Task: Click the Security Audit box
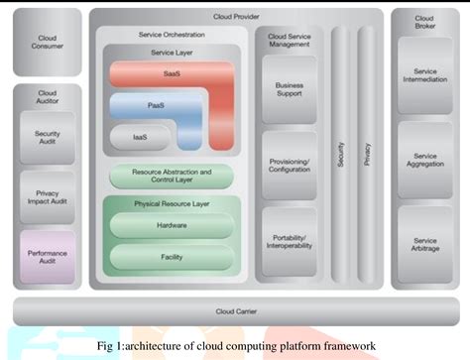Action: [x=48, y=139]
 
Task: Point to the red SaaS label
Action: [x=172, y=72]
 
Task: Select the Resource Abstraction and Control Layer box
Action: [x=172, y=176]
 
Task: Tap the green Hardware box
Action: [x=172, y=225]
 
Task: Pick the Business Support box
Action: [x=289, y=90]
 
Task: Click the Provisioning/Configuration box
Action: [x=289, y=165]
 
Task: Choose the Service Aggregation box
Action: [x=424, y=161]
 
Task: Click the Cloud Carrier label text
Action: [x=235, y=310]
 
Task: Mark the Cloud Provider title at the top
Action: [x=235, y=17]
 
